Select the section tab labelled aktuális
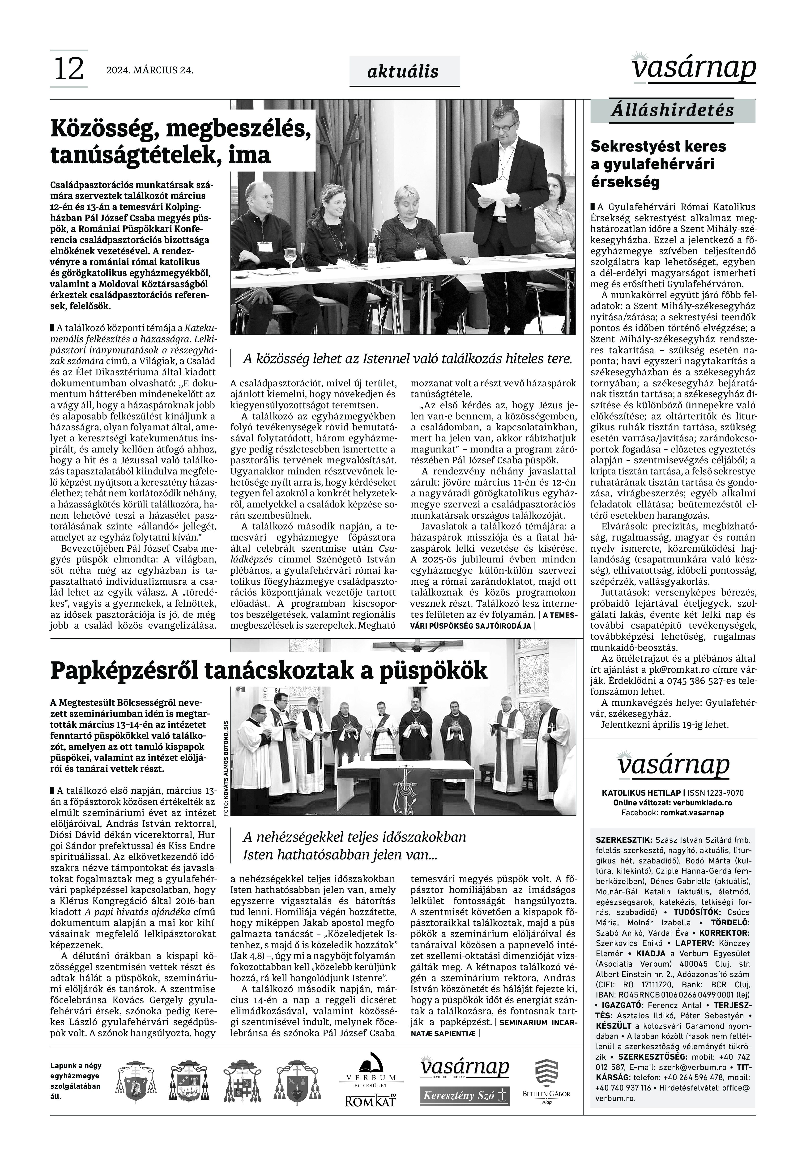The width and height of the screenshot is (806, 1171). [x=404, y=72]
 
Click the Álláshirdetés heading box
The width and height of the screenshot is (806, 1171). [x=672, y=110]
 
